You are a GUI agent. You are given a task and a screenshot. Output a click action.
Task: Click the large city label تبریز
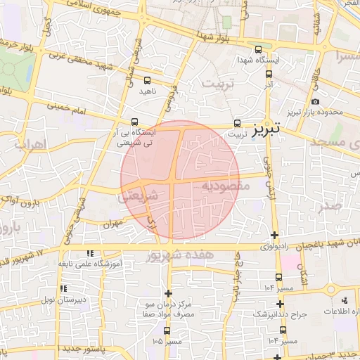[266, 128]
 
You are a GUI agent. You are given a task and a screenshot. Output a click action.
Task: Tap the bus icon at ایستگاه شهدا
[258, 50]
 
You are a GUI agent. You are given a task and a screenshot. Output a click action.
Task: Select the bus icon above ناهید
[147, 80]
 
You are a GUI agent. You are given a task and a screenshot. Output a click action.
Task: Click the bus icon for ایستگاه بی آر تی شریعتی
[135, 121]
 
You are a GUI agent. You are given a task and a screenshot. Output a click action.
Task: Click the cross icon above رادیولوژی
[274, 235]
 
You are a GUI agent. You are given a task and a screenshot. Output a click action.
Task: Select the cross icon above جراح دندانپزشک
[280, 304]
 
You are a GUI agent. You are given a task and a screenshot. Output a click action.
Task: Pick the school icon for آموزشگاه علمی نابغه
[89, 252]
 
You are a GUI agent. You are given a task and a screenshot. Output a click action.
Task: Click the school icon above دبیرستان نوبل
[64, 288]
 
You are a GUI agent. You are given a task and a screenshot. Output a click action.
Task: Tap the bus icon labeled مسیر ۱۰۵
[167, 330]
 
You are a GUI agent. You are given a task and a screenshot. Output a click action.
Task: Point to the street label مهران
[111, 225]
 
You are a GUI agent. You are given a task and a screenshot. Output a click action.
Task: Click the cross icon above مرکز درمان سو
[167, 293]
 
